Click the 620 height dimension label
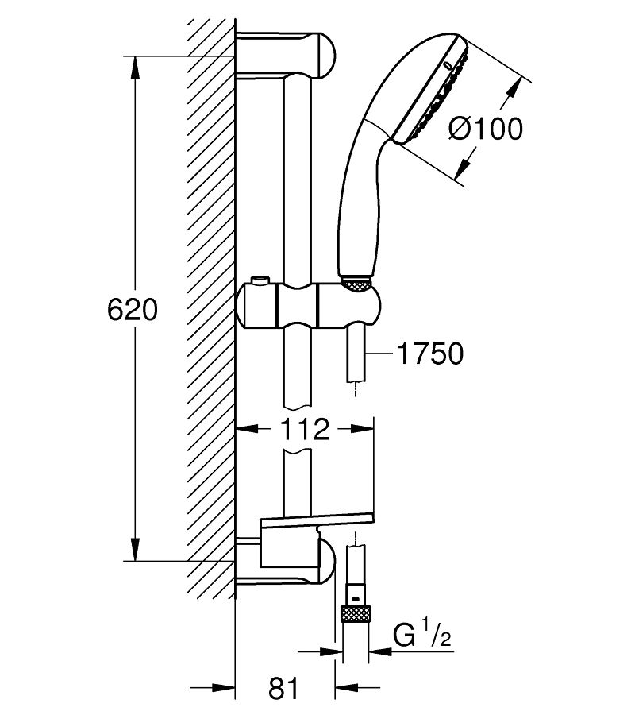(133, 310)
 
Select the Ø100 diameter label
(486, 129)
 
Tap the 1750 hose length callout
(430, 354)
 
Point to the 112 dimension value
(304, 429)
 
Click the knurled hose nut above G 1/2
(356, 613)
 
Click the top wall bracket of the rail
(286, 54)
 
